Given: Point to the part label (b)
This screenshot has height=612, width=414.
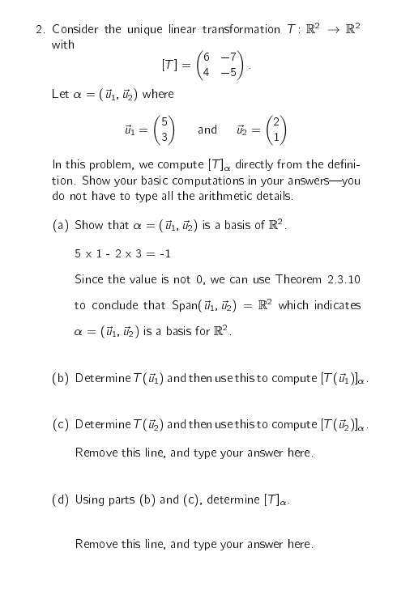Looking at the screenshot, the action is (x=60, y=379).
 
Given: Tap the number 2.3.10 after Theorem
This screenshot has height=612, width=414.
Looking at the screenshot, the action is (x=343, y=280).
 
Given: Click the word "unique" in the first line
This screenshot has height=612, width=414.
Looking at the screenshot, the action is (x=143, y=30).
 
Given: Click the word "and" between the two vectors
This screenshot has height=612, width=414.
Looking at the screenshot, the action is (x=207, y=130).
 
